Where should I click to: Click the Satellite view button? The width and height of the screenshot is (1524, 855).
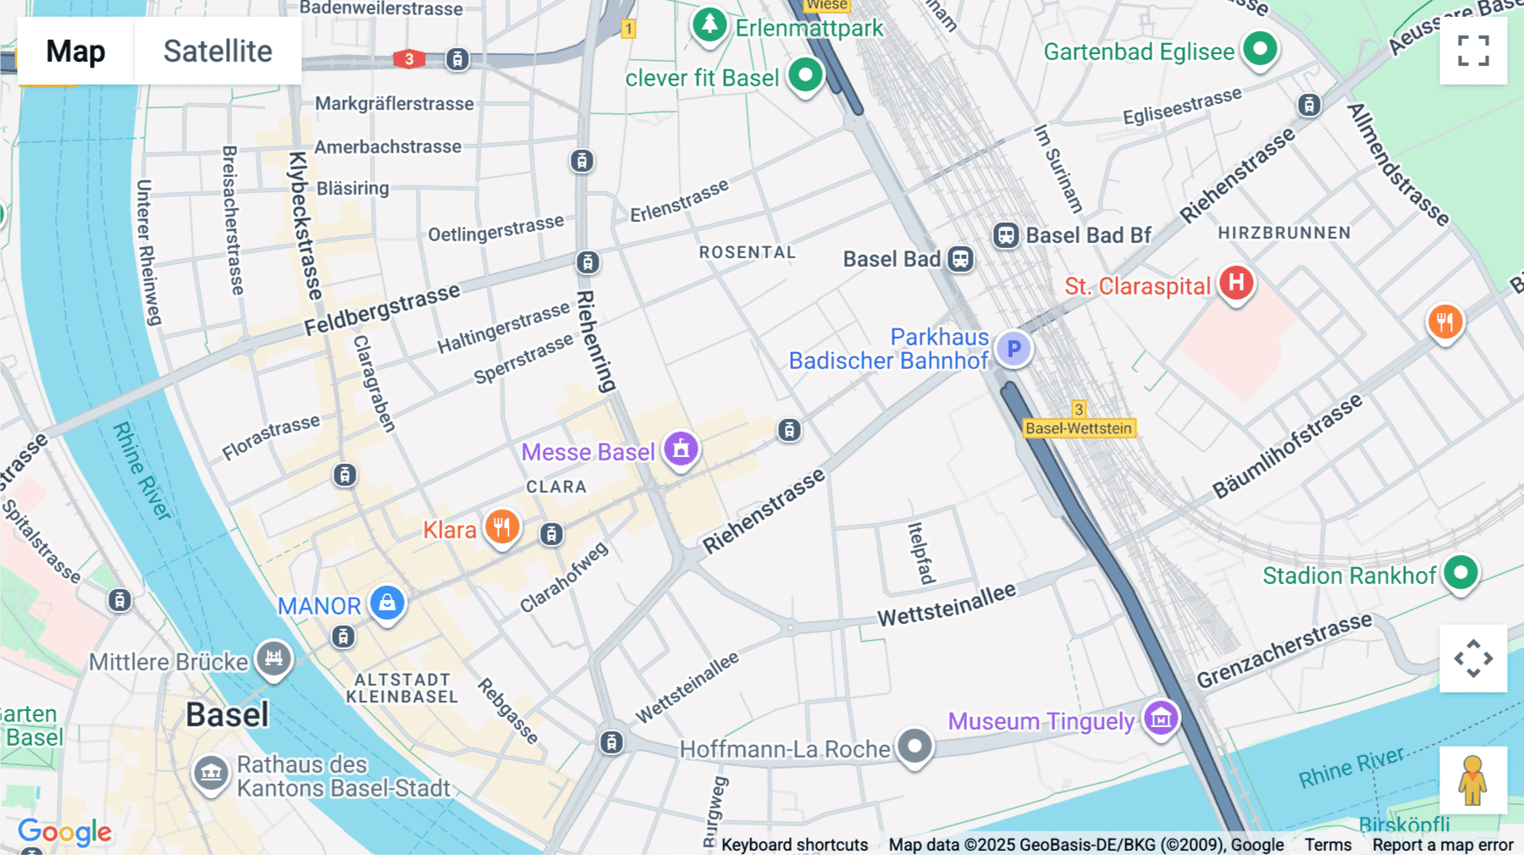click(x=218, y=51)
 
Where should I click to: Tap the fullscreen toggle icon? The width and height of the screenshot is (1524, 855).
click(x=1473, y=51)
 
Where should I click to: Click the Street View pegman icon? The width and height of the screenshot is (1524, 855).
click(x=1473, y=781)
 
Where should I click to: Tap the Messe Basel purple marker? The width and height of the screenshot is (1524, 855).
click(x=681, y=450)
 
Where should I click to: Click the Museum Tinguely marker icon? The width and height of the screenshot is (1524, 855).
click(x=1161, y=719)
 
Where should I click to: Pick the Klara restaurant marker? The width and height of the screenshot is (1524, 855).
click(x=502, y=527)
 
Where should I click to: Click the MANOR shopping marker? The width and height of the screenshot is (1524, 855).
click(x=387, y=603)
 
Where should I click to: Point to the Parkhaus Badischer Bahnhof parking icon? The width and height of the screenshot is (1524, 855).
click(x=1013, y=348)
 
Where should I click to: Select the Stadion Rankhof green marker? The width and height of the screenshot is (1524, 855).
click(x=1460, y=573)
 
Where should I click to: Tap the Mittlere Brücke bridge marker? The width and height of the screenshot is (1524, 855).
click(x=273, y=658)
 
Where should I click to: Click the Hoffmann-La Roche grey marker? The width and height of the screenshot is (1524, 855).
click(x=914, y=747)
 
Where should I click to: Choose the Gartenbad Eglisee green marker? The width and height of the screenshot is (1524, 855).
click(x=1260, y=48)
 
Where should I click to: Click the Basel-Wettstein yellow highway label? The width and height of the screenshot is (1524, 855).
click(x=1078, y=428)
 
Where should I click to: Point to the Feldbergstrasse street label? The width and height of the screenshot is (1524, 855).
click(x=382, y=310)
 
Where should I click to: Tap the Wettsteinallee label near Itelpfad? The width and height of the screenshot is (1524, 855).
click(x=946, y=605)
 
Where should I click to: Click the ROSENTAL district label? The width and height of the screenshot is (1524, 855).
click(x=747, y=252)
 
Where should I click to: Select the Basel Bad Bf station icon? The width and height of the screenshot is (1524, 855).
click(x=1006, y=234)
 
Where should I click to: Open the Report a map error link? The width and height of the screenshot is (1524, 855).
click(x=1443, y=845)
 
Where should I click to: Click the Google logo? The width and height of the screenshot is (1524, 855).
click(x=64, y=832)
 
